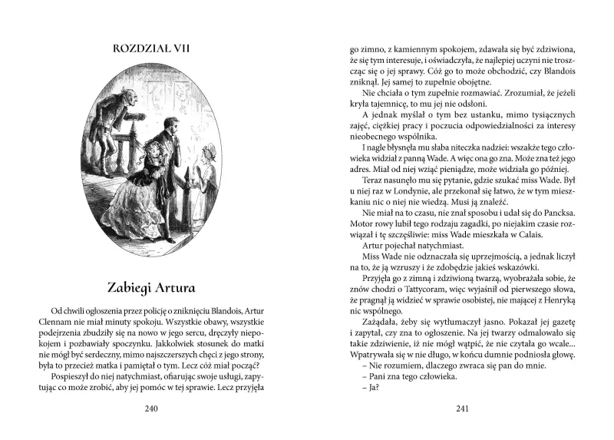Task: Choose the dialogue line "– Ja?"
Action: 371,387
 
